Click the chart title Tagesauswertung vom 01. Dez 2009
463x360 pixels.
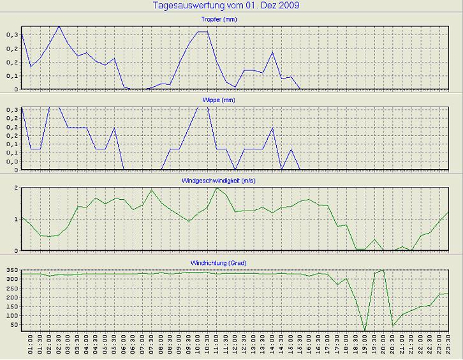click(226, 6)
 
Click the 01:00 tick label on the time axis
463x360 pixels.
click(31, 348)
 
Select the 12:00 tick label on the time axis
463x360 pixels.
click(235, 348)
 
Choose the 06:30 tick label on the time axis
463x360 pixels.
click(133, 348)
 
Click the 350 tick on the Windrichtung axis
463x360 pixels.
click(10, 271)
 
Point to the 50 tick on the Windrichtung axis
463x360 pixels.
click(13, 326)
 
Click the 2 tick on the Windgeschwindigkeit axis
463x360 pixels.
click(15, 188)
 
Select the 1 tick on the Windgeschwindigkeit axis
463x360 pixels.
click(15, 219)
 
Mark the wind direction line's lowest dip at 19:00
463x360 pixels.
click(365, 331)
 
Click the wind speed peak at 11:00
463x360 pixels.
click(217, 188)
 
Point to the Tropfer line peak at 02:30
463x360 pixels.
click(59, 26)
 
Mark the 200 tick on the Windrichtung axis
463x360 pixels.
click(10, 298)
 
